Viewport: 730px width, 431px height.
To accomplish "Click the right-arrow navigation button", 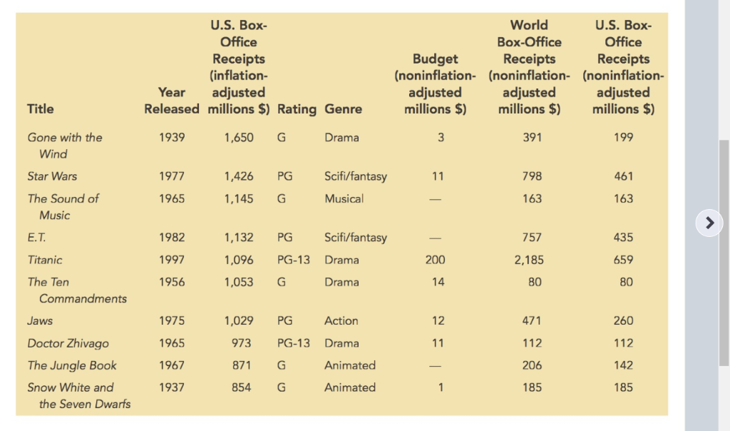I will coord(709,223).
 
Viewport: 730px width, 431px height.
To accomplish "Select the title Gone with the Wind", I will coord(65,145).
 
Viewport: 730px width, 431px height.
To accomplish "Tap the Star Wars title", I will coord(52,176).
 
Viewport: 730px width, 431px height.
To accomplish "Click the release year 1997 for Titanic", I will coord(172,260).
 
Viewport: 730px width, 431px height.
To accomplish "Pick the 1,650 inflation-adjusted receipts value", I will coord(238,138).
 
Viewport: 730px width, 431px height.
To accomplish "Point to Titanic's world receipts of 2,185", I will coord(529,260).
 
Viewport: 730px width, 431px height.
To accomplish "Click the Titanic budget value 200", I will coord(435,260).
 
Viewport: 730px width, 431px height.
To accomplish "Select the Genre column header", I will coord(343,109).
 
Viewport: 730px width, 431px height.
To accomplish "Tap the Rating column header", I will coord(297,109).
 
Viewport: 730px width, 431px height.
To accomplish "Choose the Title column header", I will coord(40,109).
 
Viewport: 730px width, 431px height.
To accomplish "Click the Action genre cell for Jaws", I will coord(341,321).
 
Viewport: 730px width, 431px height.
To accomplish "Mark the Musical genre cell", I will coord(344,198).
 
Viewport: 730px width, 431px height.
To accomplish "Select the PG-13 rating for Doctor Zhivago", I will coord(294,343).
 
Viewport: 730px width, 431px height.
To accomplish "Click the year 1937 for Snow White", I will coord(172,387).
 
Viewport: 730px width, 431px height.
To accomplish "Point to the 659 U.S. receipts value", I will coord(623,260).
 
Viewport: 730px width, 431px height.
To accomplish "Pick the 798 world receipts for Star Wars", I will coord(532,176).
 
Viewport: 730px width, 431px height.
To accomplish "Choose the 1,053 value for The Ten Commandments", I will coord(238,282).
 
